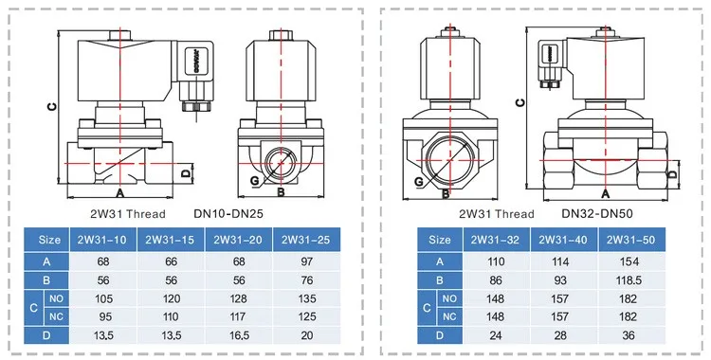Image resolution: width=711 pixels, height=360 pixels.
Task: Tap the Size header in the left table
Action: [48, 241]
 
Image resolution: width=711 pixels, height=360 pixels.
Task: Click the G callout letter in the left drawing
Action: [255, 178]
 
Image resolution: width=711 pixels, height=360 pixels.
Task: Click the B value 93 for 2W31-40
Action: [564, 280]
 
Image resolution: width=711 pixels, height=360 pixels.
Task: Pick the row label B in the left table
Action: [48, 280]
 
